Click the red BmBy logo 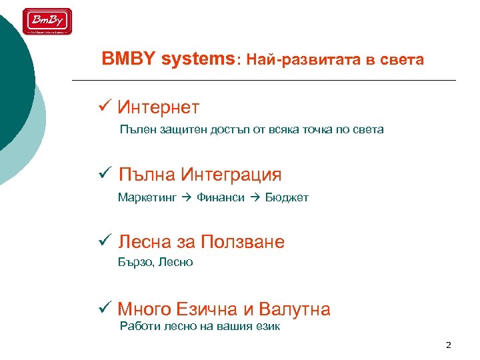click(x=47, y=21)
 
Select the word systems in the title click(x=197, y=59)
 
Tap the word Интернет click(x=158, y=107)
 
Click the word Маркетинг click(x=147, y=197)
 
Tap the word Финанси click(x=221, y=197)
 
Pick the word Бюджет click(x=287, y=197)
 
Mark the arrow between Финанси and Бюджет click(x=255, y=197)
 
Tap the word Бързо click(x=136, y=262)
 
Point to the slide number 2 click(x=448, y=345)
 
